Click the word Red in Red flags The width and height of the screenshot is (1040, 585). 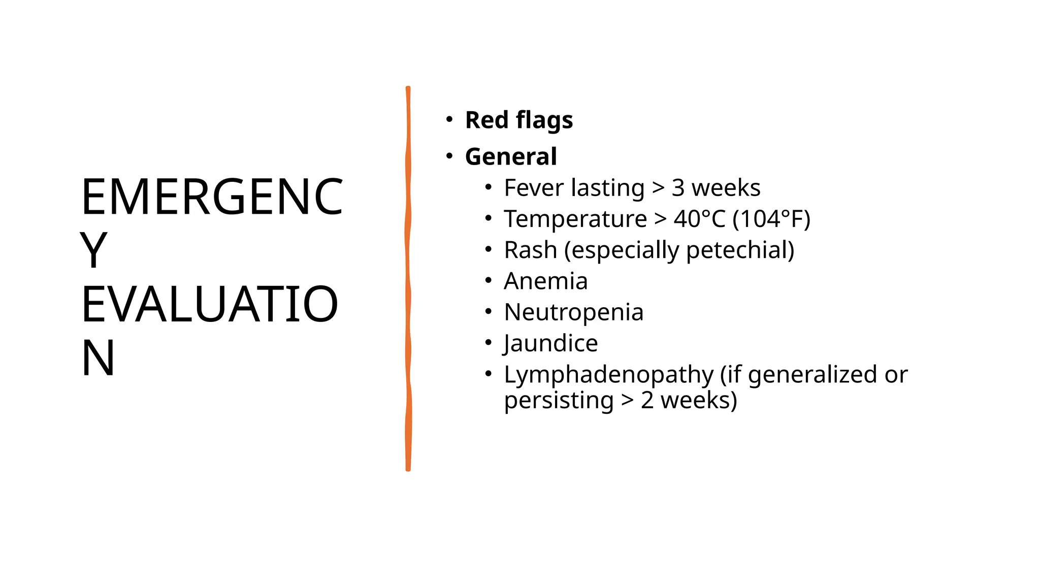coord(486,120)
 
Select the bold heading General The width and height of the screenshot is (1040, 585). coord(511,156)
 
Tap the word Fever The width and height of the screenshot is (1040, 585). coord(534,188)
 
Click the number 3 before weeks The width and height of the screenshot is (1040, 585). coord(678,188)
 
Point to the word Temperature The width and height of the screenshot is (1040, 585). coord(575,219)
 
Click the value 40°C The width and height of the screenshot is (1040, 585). coord(699,219)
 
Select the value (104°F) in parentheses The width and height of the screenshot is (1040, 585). coord(771,219)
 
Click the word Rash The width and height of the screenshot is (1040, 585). coord(530,250)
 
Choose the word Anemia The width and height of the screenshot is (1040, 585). coord(545,281)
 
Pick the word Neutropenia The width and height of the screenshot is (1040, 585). coord(573,312)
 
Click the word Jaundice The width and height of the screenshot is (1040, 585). coord(550,343)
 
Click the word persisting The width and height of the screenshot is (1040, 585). coord(559,401)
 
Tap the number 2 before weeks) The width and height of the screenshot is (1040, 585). coord(647,401)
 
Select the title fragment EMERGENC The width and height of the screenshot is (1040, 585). coord(212,197)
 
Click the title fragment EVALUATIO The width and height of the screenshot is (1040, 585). coord(209,305)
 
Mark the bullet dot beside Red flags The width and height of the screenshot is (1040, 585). coord(449,120)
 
